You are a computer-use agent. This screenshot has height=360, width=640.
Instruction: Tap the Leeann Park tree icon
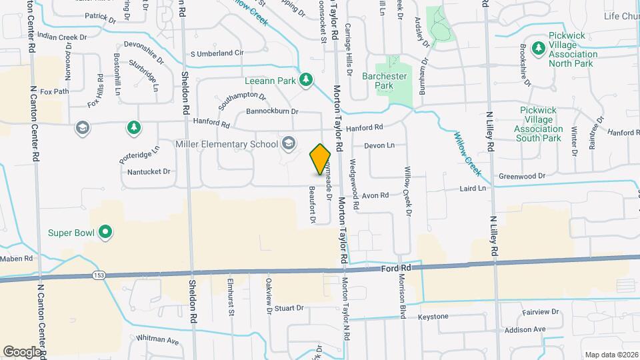[306, 80]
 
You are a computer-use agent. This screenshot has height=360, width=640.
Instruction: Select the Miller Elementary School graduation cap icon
[289, 143]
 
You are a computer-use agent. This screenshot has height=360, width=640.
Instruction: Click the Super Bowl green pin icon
[105, 233]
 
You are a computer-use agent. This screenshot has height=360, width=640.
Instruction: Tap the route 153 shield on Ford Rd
[99, 276]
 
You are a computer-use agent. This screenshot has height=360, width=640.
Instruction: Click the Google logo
[22, 351]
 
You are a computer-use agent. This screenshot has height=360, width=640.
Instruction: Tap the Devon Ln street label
[379, 145]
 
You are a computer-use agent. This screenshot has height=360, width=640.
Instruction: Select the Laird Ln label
[473, 189]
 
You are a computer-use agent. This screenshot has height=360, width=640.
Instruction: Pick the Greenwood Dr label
[522, 176]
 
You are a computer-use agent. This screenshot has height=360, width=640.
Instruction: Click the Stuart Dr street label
[289, 308]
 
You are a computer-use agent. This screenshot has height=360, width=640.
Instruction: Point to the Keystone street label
[433, 316]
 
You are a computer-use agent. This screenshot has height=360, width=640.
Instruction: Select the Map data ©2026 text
[611, 354]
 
